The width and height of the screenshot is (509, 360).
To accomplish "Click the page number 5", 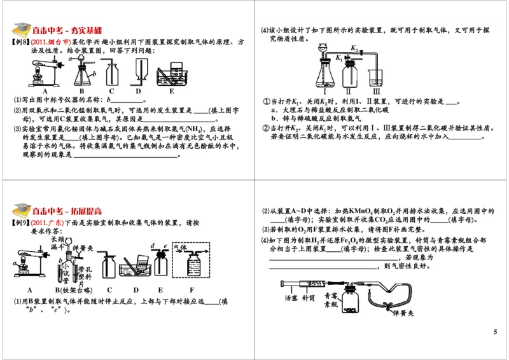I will [x=495, y=332].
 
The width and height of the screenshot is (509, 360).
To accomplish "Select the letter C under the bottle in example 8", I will [x=111, y=90].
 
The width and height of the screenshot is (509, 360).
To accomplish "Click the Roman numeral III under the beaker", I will [x=377, y=90].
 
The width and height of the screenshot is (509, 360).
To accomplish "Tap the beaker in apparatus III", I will [x=377, y=77].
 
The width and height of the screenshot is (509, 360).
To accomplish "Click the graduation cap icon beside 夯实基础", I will [x=21, y=29].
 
